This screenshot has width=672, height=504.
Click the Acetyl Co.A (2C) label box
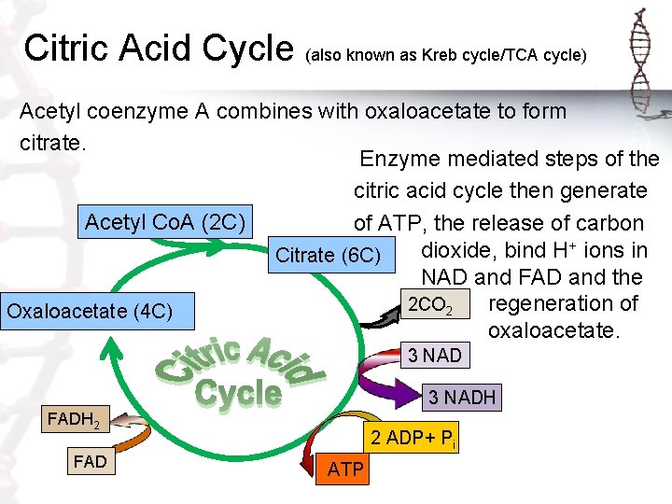coord(165,223)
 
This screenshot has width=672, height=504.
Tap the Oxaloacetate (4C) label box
coord(90,311)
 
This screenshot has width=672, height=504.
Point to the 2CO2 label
coord(431,305)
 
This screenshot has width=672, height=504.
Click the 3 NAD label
coord(435,356)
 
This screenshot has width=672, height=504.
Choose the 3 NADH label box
coord(461,399)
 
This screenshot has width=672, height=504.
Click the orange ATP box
coord(345,469)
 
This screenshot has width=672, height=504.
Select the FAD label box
coord(90,462)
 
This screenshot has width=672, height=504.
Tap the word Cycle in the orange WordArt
coord(238,393)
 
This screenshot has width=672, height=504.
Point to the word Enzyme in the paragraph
coord(398,159)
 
